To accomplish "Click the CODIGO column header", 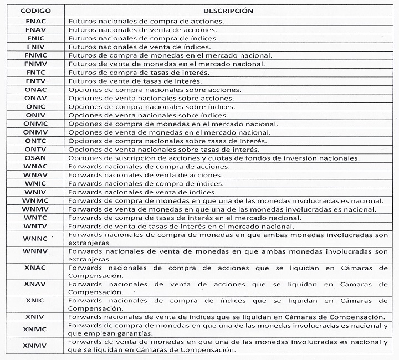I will tap(35, 11).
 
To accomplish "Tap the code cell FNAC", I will tap(35, 21).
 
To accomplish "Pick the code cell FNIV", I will tap(35, 47).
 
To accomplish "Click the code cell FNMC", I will tap(35, 55).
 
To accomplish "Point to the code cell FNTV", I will tap(35, 81).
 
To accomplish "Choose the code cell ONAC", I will tap(35, 90).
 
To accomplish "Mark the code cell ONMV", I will tap(35, 132).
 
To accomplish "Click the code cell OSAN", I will tap(35, 158).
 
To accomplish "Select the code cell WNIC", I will tap(35, 183).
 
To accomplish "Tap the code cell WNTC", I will tap(35, 218).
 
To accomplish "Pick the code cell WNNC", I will tap(35, 239).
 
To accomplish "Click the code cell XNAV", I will tap(35, 284).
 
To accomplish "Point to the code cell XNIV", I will tap(35, 317).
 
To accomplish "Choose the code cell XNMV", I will tap(35, 346).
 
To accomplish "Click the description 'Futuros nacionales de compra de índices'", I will tap(143, 38).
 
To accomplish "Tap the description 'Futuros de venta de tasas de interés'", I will tap(139, 81).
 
